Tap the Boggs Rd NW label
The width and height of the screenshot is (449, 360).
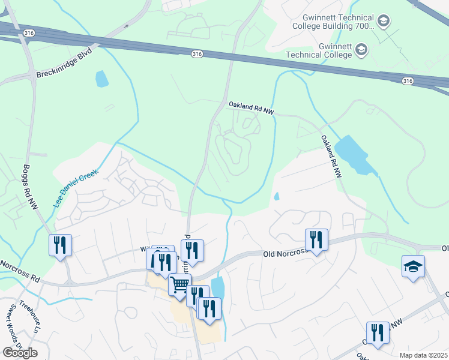click(30, 187)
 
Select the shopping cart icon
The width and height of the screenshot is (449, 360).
click(179, 285)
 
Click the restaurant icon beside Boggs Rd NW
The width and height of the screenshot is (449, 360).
click(60, 245)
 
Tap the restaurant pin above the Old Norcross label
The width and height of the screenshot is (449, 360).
click(315, 240)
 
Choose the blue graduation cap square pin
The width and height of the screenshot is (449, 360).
click(413, 266)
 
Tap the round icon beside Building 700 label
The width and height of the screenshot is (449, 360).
click(383, 22)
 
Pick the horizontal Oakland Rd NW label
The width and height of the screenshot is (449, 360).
click(251, 105)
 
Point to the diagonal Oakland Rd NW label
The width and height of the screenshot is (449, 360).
click(331, 156)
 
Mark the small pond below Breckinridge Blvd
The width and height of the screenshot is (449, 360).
click(102, 79)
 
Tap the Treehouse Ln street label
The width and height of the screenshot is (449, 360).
click(29, 311)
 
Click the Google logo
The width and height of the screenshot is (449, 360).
click(20, 353)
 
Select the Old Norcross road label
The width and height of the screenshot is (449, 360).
click(285, 253)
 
